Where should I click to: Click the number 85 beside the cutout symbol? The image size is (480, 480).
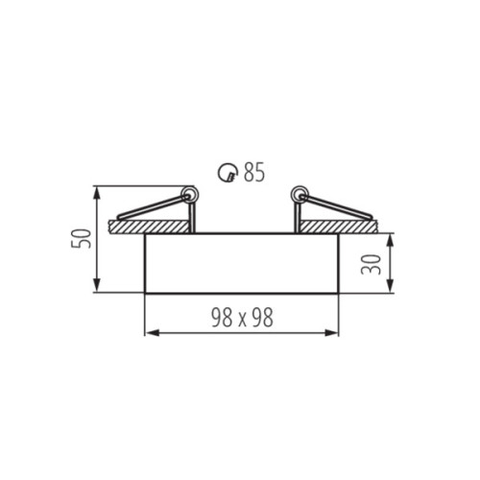253,173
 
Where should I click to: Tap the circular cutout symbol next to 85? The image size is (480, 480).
228,173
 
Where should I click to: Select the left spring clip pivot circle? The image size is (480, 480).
189,196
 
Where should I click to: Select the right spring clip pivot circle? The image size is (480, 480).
299,196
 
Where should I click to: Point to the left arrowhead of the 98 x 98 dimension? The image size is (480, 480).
148,334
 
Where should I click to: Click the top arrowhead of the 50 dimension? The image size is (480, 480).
98,190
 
